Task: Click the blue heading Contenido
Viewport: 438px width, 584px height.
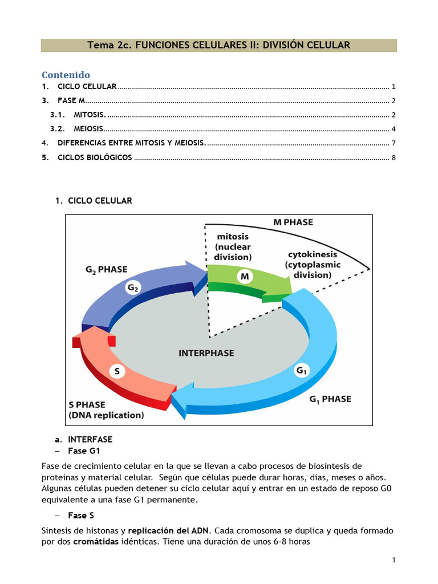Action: click(x=66, y=75)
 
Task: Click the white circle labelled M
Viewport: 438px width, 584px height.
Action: click(x=245, y=277)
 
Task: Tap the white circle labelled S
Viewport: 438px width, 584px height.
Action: click(x=117, y=372)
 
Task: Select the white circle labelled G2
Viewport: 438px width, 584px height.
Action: click(x=133, y=289)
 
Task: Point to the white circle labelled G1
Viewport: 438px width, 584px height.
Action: click(x=301, y=371)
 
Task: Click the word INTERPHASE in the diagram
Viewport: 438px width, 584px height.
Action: click(x=206, y=353)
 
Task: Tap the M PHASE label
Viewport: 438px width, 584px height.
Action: click(x=293, y=222)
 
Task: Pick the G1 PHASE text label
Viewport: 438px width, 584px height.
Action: click(x=330, y=399)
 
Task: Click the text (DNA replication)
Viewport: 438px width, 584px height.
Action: click(x=106, y=415)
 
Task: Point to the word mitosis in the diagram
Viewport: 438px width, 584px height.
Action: click(x=233, y=236)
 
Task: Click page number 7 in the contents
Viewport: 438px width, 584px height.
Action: click(x=394, y=143)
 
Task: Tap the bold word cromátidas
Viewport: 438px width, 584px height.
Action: click(x=95, y=542)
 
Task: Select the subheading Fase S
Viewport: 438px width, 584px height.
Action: click(x=81, y=516)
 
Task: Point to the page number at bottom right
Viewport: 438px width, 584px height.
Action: click(x=394, y=561)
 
